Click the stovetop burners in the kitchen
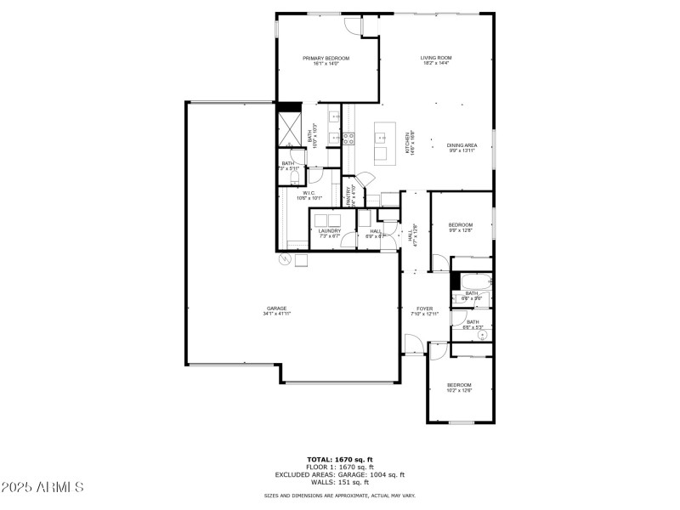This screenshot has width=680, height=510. click(x=348, y=138)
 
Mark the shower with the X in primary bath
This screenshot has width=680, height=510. click(x=290, y=131)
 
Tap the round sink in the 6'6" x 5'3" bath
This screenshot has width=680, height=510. click(x=482, y=335)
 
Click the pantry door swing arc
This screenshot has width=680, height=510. click(x=364, y=179)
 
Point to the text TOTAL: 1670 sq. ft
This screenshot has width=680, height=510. click(x=340, y=459)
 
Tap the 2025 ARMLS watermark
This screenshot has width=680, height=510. click(x=42, y=487)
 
